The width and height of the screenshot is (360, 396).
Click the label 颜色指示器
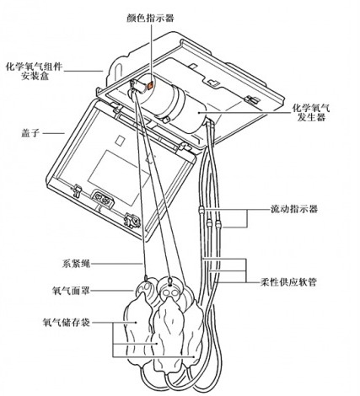tap(150, 18)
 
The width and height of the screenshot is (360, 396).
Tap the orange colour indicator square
tap(150, 85)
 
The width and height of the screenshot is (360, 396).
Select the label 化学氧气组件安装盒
tap(35, 72)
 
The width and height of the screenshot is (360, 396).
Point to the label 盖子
tap(30, 132)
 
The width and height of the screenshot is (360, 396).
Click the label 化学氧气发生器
tap(311, 112)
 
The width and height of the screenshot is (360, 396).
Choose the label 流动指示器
tap(294, 209)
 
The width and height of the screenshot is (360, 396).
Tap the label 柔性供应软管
tap(288, 281)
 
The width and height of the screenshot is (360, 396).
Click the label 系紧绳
tap(76, 264)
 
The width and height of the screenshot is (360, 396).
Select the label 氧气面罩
tap(71, 291)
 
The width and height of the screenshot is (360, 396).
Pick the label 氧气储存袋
tap(67, 322)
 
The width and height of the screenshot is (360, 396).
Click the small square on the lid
tap(121, 140)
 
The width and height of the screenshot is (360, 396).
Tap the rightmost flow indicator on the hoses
tap(218, 225)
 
